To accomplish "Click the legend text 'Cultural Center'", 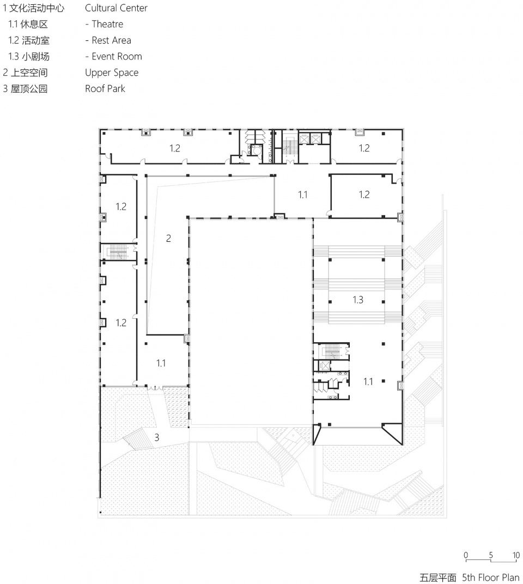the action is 116,8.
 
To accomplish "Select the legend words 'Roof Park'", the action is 105,89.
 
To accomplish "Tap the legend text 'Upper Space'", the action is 112,72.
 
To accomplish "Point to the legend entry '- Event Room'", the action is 114,57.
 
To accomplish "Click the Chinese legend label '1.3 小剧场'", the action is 29,57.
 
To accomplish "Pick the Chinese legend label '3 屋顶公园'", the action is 25,89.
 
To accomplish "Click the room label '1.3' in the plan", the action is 358,300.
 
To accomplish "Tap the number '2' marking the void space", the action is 168,239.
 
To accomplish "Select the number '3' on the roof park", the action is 157,437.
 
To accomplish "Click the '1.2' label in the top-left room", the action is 175,148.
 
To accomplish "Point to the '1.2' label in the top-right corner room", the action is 364,148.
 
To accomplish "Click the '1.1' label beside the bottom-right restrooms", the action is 368,381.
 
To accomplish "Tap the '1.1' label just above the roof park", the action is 161,363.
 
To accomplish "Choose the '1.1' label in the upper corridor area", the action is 303,194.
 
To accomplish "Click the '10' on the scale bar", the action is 516,555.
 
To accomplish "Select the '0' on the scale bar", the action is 466,555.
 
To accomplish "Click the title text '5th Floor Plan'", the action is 491,577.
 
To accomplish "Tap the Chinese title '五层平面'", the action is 437,577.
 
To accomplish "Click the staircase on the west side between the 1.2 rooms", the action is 118,252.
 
